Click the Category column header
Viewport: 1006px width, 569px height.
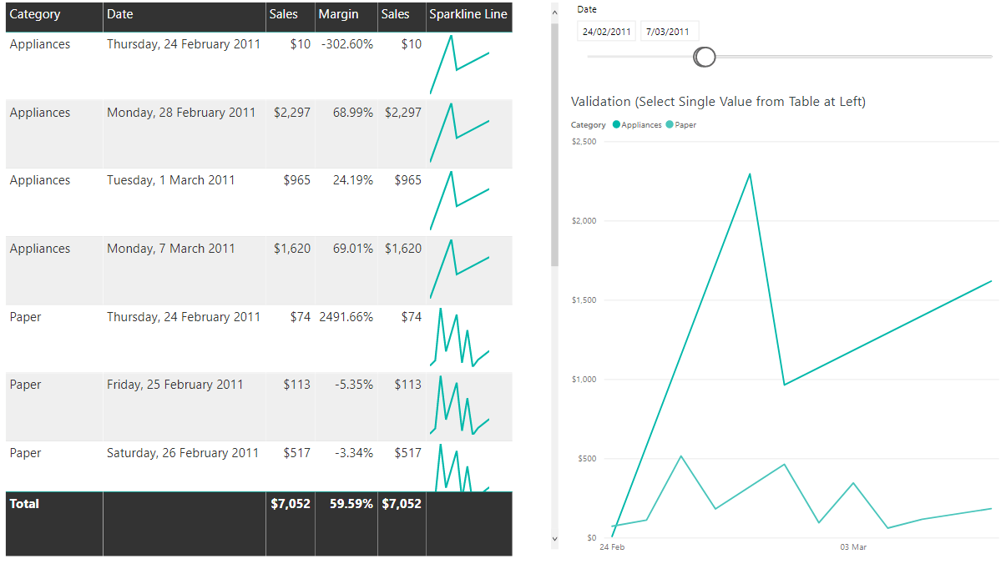click(x=34, y=14)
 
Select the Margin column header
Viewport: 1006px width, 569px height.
click(x=338, y=14)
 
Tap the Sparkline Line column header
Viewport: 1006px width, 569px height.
click(x=468, y=14)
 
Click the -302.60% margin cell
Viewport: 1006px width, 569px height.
click(x=346, y=44)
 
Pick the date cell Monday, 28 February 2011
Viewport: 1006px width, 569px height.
click(x=181, y=113)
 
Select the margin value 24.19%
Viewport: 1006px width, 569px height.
click(x=353, y=180)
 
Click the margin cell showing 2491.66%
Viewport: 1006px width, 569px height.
click(x=346, y=317)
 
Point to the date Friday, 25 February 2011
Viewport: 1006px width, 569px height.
click(x=175, y=385)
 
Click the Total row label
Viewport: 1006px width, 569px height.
click(x=24, y=504)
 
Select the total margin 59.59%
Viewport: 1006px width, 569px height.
click(x=351, y=504)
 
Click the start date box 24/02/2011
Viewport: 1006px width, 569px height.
click(x=607, y=32)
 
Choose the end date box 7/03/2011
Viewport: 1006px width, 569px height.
click(x=669, y=32)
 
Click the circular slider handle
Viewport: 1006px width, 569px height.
click(x=705, y=57)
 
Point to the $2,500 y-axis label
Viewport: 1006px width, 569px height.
click(x=584, y=142)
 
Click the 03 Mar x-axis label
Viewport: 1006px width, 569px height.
click(x=853, y=547)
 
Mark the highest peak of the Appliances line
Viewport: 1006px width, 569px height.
click(x=750, y=174)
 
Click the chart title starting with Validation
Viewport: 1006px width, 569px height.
click(x=718, y=102)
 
